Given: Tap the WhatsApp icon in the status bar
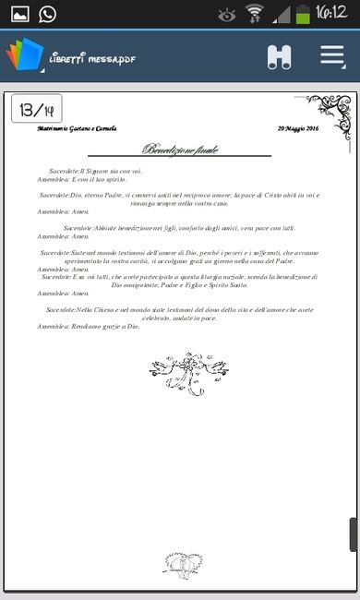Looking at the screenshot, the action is pos(47,14).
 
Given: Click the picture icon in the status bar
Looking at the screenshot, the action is pos(18,14).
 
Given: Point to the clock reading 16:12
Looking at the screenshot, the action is pos(330,13).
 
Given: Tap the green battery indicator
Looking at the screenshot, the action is pos(303,14).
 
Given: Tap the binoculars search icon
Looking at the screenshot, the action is pos(279,56).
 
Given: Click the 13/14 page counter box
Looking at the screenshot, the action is pos(37,109).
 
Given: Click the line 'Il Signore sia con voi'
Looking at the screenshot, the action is pos(111,172).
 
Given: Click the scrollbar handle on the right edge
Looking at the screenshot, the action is pos(352,534).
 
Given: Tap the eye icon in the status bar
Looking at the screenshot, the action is pos(227,14).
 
